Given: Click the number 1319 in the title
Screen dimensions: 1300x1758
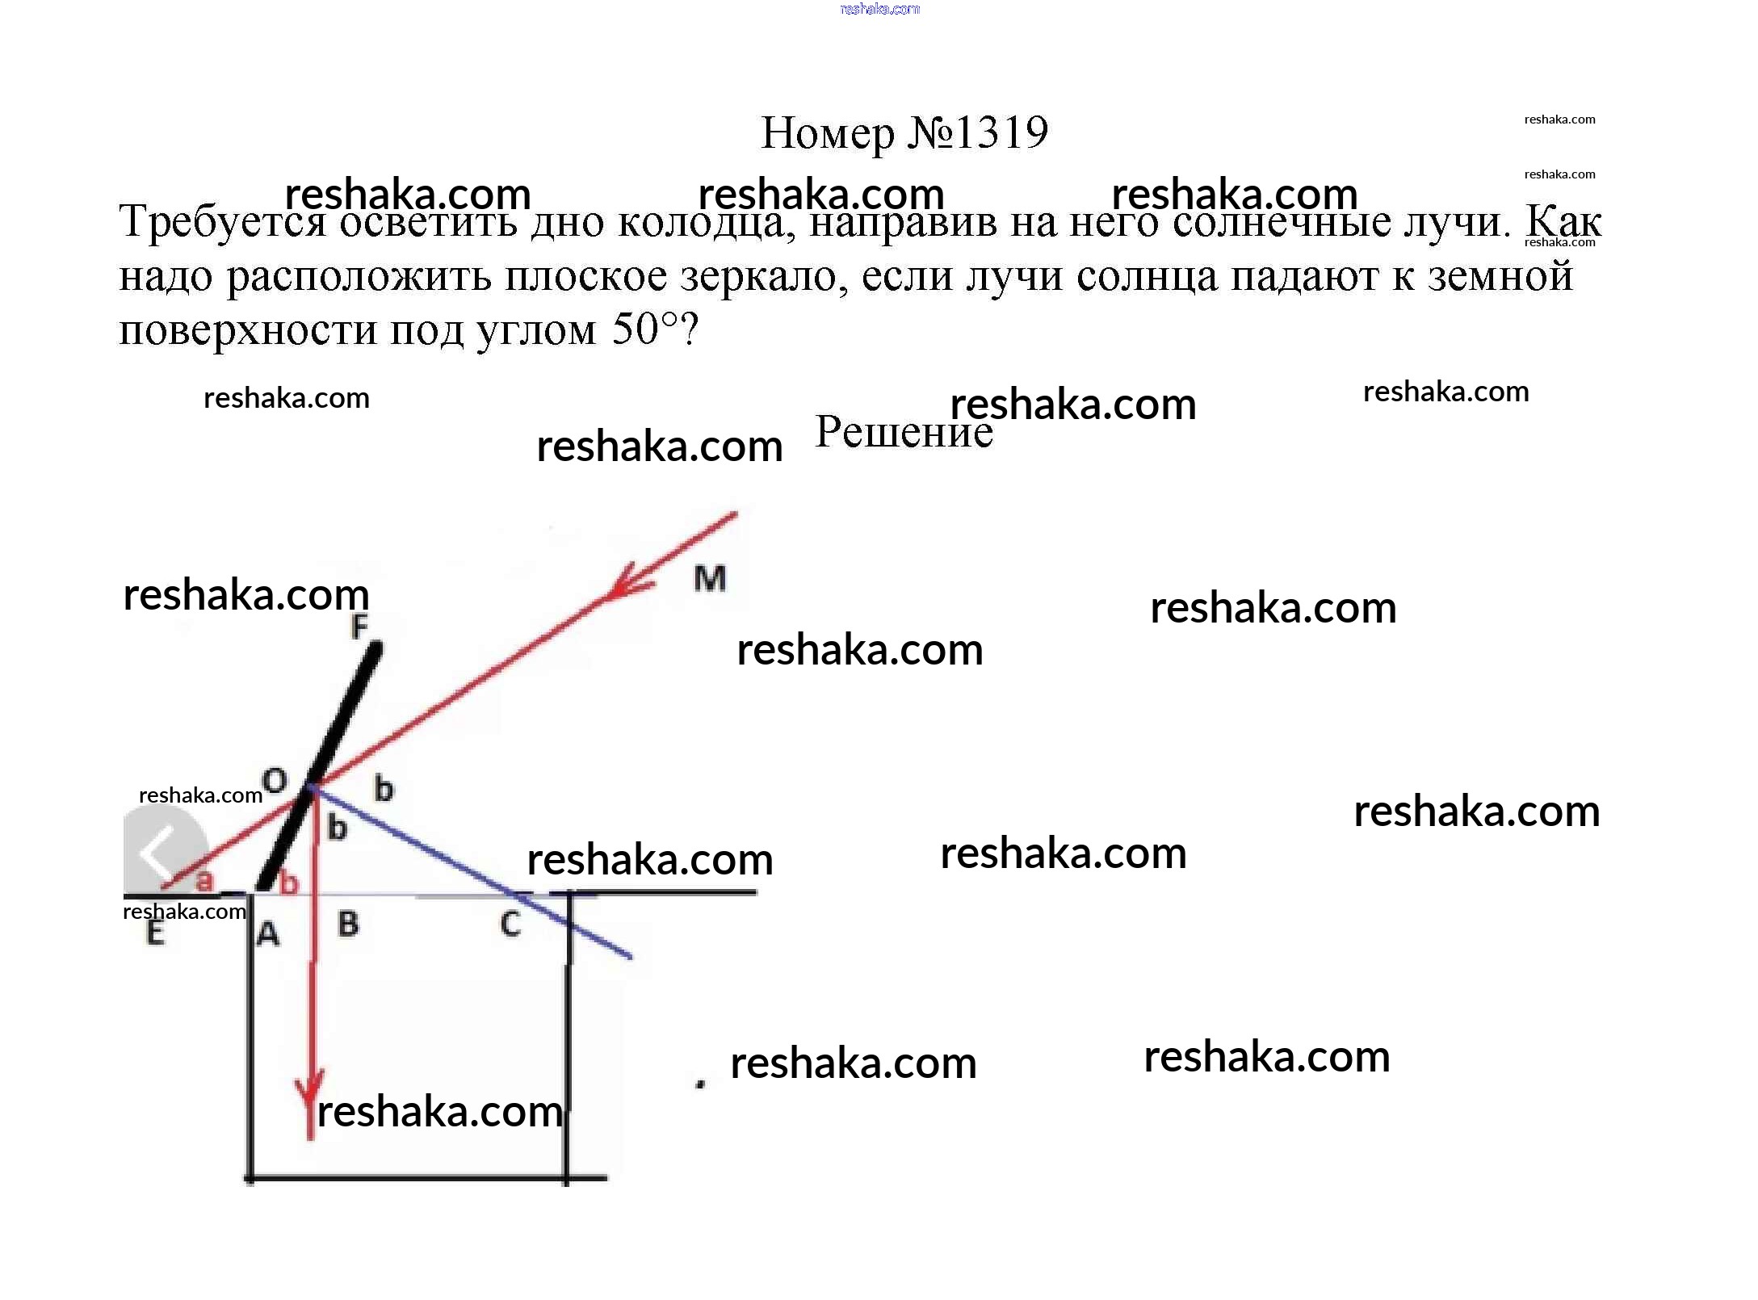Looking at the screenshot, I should [x=1001, y=133].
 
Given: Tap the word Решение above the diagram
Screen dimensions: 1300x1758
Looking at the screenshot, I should [x=904, y=432].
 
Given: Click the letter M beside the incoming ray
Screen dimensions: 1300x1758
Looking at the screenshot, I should [x=710, y=578].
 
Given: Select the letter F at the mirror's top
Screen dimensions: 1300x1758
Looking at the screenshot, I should [x=359, y=627].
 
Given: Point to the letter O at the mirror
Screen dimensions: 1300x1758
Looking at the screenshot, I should [x=275, y=781].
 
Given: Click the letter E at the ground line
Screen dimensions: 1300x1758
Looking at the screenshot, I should [x=155, y=933].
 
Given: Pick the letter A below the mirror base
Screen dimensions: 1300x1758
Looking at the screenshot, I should [x=268, y=934].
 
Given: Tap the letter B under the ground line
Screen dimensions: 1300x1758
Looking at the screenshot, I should [x=348, y=924].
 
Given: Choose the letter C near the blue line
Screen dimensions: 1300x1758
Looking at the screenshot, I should [x=510, y=924].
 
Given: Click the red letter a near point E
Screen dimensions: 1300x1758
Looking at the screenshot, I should [x=204, y=880].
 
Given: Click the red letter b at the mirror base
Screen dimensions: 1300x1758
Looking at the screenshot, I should [x=289, y=883].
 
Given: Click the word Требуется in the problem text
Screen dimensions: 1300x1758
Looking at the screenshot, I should [x=222, y=222].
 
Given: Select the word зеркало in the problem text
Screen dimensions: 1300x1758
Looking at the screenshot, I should [x=763, y=276].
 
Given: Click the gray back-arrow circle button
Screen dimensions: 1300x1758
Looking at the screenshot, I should [x=164, y=849].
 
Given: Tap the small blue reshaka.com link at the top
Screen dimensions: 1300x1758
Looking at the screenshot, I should [x=879, y=9].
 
